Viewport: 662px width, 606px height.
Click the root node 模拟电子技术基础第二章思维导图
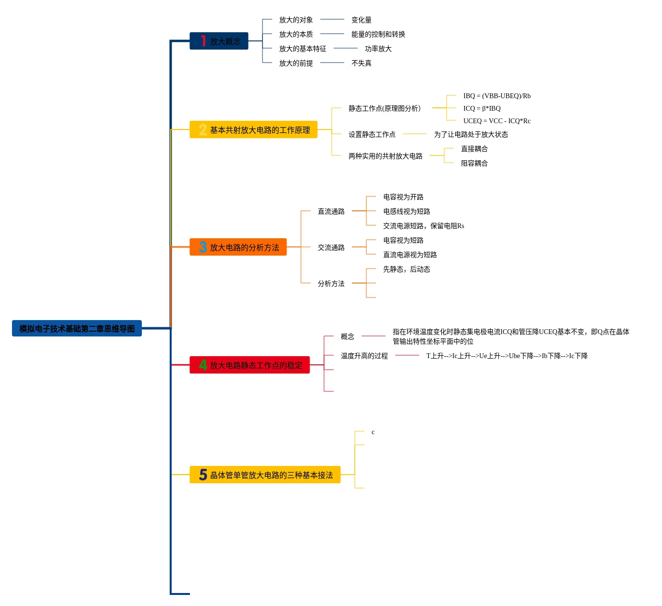[77, 329]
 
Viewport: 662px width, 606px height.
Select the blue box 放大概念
[219, 41]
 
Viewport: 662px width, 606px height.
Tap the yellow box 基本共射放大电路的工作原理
[253, 130]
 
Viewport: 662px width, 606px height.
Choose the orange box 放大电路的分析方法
[238, 247]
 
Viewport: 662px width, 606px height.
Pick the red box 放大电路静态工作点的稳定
[250, 365]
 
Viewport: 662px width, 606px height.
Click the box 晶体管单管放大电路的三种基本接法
[265, 475]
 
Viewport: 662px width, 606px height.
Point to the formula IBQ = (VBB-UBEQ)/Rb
[497, 96]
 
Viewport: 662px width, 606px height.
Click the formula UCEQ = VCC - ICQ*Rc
[497, 121]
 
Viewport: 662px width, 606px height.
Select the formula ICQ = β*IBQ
[482, 109]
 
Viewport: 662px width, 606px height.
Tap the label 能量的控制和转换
[378, 35]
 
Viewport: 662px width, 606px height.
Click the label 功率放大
[378, 49]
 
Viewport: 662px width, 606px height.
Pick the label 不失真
[361, 64]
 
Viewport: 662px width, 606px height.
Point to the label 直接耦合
[474, 149]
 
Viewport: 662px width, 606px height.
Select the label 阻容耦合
[474, 164]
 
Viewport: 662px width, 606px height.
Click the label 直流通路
[331, 212]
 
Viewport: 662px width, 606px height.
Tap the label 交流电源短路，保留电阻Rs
[423, 226]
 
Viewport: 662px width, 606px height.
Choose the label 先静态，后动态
[406, 270]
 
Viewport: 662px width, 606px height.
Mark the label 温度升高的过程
[364, 356]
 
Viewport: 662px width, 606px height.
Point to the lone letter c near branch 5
[373, 432]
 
